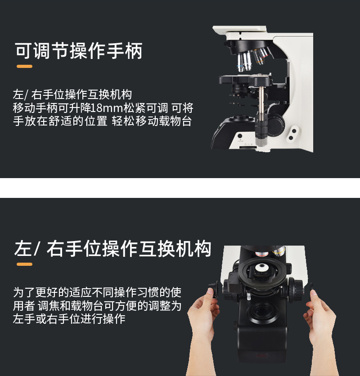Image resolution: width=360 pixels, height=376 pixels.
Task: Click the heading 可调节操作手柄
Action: pyautogui.click(x=79, y=51)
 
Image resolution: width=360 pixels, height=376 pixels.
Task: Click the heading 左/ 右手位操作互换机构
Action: pyautogui.click(x=112, y=249)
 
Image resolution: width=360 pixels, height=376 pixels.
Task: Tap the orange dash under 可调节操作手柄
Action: pyautogui.click(x=24, y=67)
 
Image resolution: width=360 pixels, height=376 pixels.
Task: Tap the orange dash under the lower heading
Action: pyautogui.click(x=24, y=264)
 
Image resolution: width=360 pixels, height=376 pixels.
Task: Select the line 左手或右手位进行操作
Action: pyautogui.click(x=69, y=319)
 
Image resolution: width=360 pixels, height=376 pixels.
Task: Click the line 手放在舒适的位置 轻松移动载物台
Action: pyautogui.click(x=103, y=121)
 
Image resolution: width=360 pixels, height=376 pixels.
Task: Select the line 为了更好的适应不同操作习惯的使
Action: pyautogui.click(x=97, y=292)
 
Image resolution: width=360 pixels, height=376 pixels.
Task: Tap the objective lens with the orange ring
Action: pyautogui.click(x=259, y=58)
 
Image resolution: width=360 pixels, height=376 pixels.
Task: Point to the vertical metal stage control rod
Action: pyautogui.click(x=261, y=108)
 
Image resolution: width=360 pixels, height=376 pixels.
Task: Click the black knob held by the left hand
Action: pyautogui.click(x=214, y=290)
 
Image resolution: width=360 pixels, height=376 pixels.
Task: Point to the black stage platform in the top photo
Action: pyautogui.click(x=245, y=80)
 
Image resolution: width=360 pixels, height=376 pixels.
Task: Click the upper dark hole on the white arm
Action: pyautogui.click(x=294, y=131)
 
